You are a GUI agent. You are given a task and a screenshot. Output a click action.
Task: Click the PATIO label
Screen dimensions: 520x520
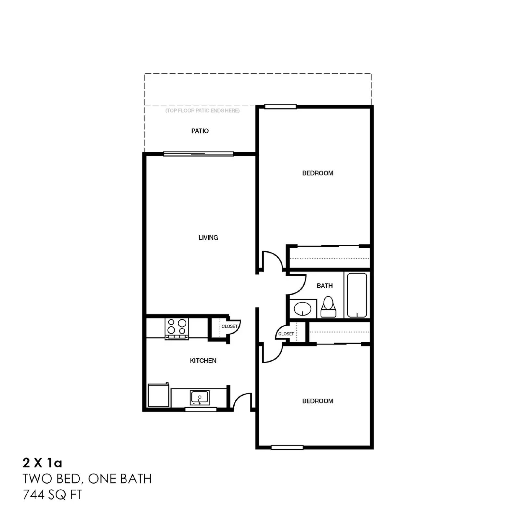(x=200, y=131)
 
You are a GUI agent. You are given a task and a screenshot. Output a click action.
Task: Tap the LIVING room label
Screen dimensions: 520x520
(x=208, y=238)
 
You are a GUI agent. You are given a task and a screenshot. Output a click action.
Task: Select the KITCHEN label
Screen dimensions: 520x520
(x=203, y=360)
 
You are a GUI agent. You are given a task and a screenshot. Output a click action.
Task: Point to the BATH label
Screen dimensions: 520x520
(x=325, y=286)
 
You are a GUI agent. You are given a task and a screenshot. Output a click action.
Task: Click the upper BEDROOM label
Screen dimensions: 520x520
(x=318, y=173)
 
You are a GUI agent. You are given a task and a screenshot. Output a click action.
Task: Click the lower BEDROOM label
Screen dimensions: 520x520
(x=318, y=401)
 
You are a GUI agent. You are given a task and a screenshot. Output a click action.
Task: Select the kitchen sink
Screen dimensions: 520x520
(x=200, y=397)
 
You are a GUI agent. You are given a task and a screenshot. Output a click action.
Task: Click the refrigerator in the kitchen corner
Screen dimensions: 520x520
(x=159, y=395)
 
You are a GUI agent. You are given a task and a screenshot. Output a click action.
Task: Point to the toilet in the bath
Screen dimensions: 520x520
(x=328, y=307)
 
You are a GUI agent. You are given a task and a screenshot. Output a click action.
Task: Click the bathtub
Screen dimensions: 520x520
(x=357, y=295)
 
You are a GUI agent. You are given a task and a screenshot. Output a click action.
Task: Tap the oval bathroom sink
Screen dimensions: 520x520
(x=303, y=308)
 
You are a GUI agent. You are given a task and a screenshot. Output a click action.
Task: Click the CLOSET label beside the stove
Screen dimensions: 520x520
(x=229, y=326)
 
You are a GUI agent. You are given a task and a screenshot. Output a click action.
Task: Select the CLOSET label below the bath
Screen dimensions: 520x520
(x=286, y=334)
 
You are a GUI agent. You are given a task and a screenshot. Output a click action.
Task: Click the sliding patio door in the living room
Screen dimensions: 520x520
(x=198, y=154)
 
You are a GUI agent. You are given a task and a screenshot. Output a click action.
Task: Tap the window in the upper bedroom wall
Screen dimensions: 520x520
(x=280, y=107)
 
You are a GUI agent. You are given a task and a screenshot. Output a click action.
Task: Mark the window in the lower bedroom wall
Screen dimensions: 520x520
(x=287, y=448)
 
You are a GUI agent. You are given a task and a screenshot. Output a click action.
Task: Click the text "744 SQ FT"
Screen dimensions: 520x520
(x=52, y=495)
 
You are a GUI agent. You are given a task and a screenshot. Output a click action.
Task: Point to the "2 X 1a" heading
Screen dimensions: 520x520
(x=42, y=463)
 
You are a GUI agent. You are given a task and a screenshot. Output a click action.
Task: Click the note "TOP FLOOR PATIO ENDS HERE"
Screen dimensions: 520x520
(x=202, y=110)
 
